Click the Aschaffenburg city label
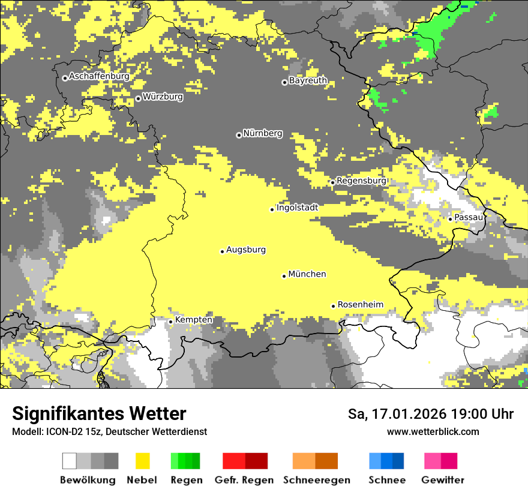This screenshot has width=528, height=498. [x=99, y=77]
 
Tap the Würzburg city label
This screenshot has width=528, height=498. [x=163, y=97]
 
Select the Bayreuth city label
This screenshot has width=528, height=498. [x=308, y=80]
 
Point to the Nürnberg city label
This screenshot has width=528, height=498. [x=263, y=134]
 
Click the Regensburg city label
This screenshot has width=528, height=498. [x=361, y=181]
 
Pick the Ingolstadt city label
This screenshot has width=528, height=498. [x=297, y=208]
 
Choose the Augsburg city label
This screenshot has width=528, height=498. [x=246, y=250]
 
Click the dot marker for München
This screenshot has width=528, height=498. [x=284, y=276]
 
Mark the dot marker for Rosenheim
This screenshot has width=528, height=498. [x=334, y=306]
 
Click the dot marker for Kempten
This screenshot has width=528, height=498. [x=170, y=322]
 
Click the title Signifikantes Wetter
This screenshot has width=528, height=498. [x=99, y=414]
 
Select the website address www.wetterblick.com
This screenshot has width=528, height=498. [x=433, y=432]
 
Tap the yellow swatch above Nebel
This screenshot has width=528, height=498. [x=142, y=461]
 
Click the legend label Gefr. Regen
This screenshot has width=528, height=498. [x=244, y=480]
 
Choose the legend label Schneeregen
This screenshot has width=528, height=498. [x=316, y=480]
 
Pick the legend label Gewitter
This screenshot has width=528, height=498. [x=443, y=480]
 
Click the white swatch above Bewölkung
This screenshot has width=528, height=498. [x=70, y=461]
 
